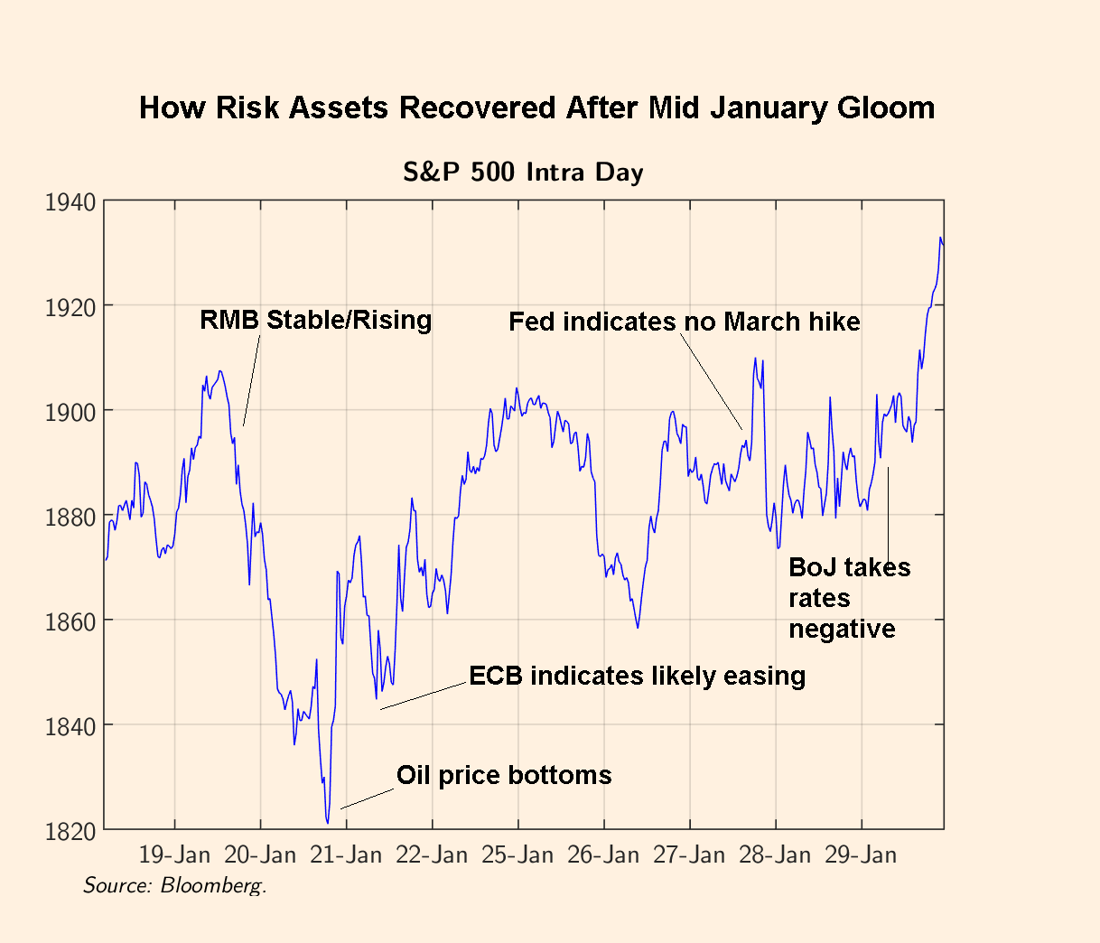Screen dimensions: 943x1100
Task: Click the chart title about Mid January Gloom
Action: click(x=536, y=108)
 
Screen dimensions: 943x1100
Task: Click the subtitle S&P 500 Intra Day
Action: click(x=523, y=172)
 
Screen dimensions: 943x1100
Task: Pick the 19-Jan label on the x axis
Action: click(x=174, y=854)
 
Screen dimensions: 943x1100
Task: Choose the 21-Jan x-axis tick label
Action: click(x=346, y=854)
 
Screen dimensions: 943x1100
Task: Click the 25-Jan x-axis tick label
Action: click(x=517, y=854)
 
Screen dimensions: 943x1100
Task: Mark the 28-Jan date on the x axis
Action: click(x=775, y=854)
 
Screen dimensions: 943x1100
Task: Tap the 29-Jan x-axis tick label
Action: click(x=861, y=854)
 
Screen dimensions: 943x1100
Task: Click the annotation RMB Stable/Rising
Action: click(x=315, y=320)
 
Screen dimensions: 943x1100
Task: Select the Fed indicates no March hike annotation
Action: click(x=684, y=322)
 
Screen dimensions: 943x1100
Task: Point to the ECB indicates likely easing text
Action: click(x=637, y=676)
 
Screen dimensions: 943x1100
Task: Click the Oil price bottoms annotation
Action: click(x=504, y=775)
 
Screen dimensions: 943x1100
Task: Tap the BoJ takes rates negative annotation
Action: click(x=849, y=598)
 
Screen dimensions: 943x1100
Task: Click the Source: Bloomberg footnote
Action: click(x=174, y=885)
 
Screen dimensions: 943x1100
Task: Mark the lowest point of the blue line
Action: click(x=327, y=822)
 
